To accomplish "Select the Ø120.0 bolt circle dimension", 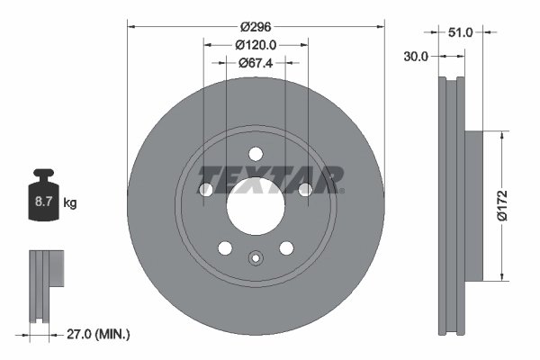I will (256, 45).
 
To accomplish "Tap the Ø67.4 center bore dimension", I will (256, 63).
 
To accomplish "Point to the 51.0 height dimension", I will (460, 31).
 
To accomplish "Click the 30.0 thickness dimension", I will (416, 56).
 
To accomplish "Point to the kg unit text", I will (70, 203).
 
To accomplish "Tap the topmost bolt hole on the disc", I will (256, 153).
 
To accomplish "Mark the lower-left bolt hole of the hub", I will (225, 247).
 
